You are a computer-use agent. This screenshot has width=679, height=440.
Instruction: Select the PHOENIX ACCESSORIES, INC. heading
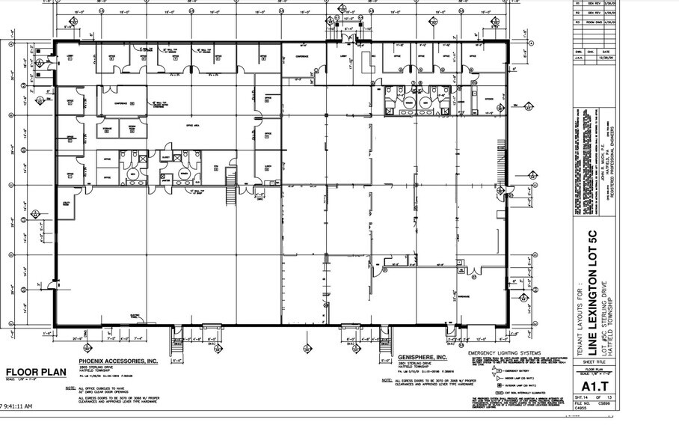(118, 361)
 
